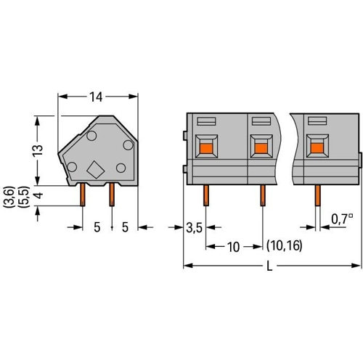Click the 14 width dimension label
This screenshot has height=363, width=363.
click(x=96, y=97)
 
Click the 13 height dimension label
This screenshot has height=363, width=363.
click(x=38, y=151)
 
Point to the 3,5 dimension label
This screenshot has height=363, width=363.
click(x=194, y=228)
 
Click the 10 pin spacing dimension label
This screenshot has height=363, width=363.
click(x=233, y=247)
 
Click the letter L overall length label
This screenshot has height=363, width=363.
click(x=269, y=266)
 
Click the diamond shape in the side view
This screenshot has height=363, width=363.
click(x=96, y=170)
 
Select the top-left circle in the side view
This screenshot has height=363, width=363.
click(x=91, y=136)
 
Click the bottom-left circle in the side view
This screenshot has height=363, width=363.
click(x=72, y=167)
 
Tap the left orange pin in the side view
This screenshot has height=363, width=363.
click(x=83, y=195)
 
